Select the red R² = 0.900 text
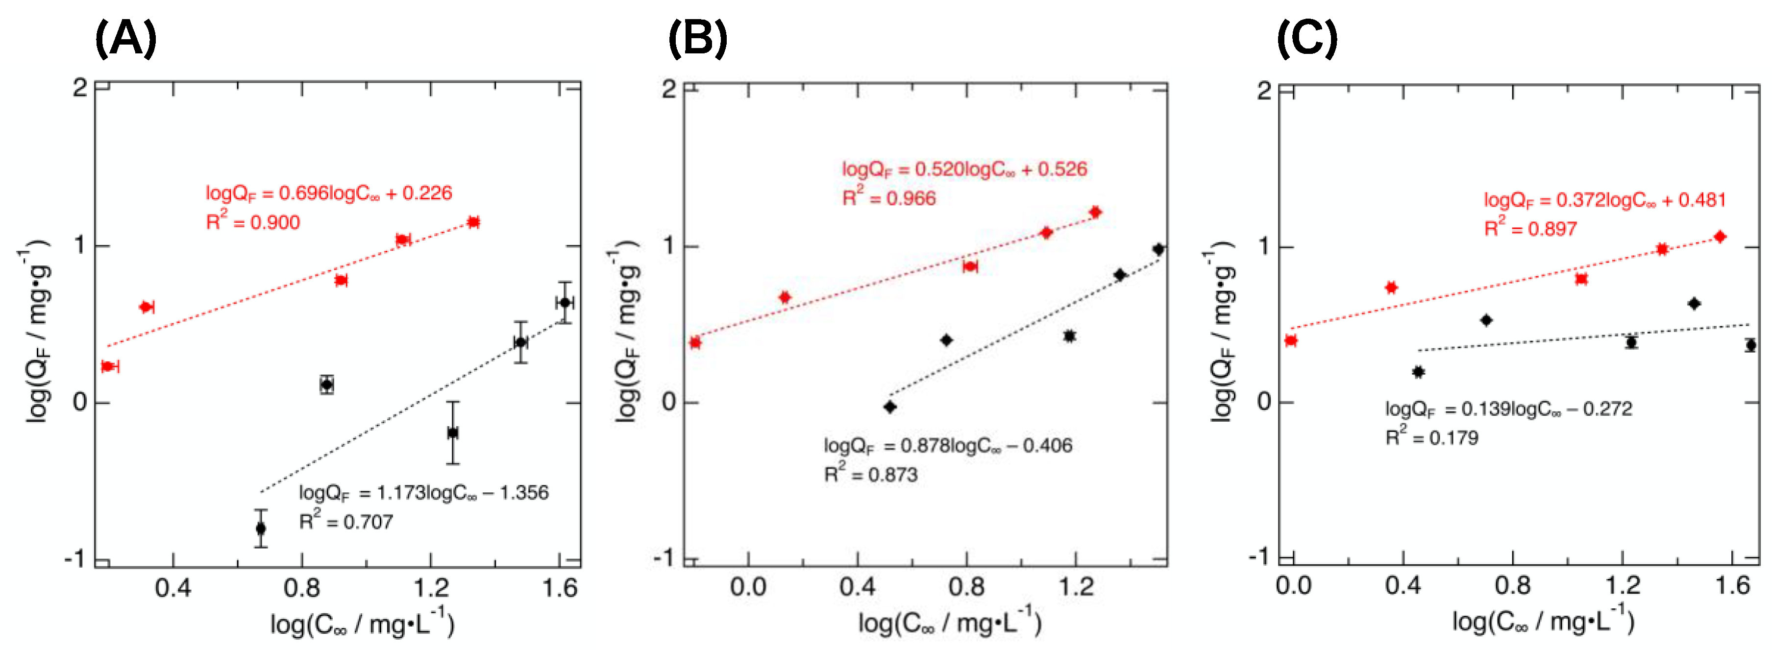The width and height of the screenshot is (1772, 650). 253,222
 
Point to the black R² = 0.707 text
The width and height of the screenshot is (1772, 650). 345,521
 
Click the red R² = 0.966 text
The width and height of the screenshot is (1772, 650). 889,198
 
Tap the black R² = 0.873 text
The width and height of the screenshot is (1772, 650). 871,474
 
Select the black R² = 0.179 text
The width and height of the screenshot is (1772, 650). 1431,437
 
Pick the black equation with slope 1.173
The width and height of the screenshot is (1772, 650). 423,492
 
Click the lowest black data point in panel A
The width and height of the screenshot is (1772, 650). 261,528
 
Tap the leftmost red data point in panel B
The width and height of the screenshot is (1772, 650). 695,342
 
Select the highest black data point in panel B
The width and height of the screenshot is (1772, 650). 1158,249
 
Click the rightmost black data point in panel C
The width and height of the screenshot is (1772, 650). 1750,345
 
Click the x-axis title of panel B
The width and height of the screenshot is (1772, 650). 949,623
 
